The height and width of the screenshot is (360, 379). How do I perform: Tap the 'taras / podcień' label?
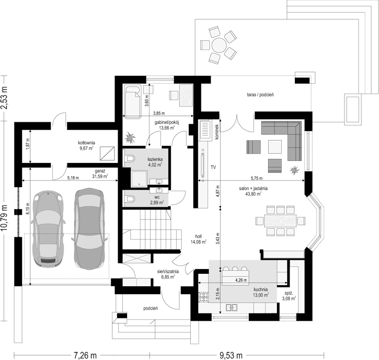tap(260, 95)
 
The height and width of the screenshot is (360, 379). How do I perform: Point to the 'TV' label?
tap(213, 168)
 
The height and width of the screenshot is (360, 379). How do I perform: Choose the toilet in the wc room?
tap(130, 199)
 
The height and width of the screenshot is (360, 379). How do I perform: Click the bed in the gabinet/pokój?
tap(133, 98)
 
